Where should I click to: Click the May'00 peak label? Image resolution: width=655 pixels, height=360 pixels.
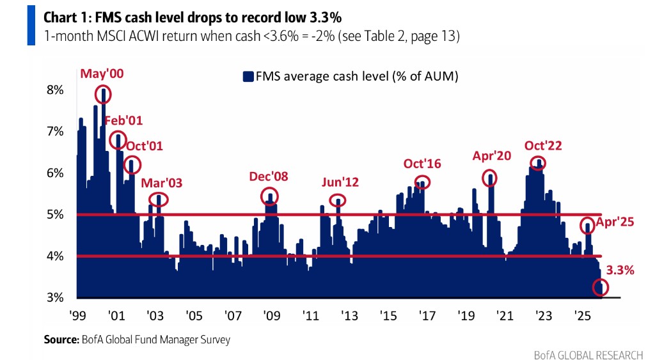click(x=102, y=74)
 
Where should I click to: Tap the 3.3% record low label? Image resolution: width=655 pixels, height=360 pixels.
click(x=620, y=270)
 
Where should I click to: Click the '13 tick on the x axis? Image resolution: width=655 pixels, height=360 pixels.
click(x=349, y=317)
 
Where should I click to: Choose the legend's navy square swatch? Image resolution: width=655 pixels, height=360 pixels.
click(x=248, y=77)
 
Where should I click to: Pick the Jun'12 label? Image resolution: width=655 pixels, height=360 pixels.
click(x=340, y=182)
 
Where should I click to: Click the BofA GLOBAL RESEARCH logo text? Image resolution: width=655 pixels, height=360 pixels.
click(x=589, y=354)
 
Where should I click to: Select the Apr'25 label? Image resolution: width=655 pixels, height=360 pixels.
click(x=615, y=223)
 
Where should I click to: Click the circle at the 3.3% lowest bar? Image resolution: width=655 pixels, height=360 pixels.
click(x=600, y=288)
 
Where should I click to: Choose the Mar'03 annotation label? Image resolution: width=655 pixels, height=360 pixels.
click(x=162, y=183)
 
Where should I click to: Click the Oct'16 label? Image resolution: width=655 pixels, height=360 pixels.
click(x=422, y=164)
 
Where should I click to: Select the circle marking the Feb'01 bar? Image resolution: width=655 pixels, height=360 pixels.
click(x=118, y=140)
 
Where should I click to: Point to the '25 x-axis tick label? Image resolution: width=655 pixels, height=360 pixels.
click(x=582, y=317)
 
